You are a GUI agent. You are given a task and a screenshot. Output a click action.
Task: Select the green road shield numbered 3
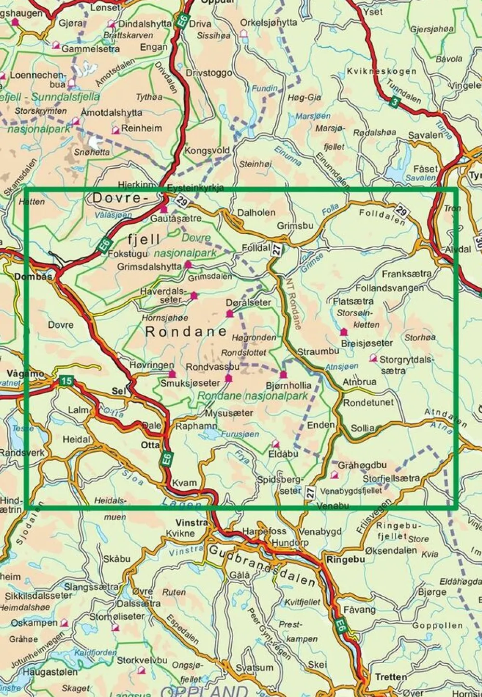tap(395, 102)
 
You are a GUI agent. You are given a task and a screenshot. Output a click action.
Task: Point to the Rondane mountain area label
tap(186, 332)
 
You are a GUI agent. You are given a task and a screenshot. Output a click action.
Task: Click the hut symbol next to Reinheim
tap(116, 130)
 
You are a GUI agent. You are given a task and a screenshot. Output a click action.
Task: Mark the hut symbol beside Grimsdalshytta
tap(188, 265)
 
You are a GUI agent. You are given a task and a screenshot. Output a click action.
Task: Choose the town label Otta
tap(150, 445)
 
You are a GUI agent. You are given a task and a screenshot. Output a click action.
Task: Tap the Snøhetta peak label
tap(92, 152)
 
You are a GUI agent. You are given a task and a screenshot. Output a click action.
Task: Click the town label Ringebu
tap(346, 560)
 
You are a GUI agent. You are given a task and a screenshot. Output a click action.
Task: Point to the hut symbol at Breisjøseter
tap(344, 332)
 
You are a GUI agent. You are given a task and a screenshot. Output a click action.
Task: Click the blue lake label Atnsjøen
tap(342, 367)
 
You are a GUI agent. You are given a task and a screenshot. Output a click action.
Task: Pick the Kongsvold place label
tap(207, 150)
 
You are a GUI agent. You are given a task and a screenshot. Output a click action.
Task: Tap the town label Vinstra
tap(192, 523)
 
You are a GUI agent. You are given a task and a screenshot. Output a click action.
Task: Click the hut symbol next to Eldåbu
tap(276, 443)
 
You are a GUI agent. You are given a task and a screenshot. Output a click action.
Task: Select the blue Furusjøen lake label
tap(240, 434)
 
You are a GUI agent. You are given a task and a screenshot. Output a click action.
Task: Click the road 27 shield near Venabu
tap(310, 492)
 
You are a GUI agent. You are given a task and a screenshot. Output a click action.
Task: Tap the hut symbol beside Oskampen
tap(63, 623)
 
